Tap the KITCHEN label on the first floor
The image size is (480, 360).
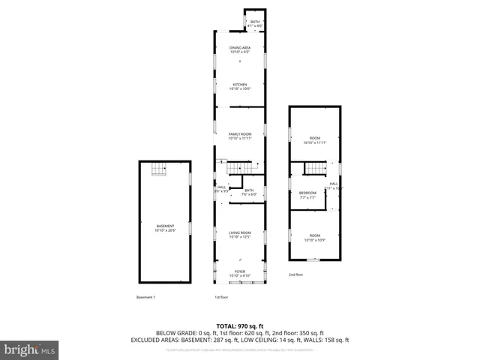[239, 86]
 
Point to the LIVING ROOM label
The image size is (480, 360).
[239, 235]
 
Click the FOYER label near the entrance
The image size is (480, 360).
[239, 274]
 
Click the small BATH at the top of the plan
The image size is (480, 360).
[255, 23]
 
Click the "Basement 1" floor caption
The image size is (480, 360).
[145, 298]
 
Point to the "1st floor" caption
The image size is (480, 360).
[222, 298]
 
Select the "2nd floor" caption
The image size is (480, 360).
[295, 274]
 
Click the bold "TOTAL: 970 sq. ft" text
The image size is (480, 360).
[239, 326]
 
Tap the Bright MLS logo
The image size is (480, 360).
[30, 349]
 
